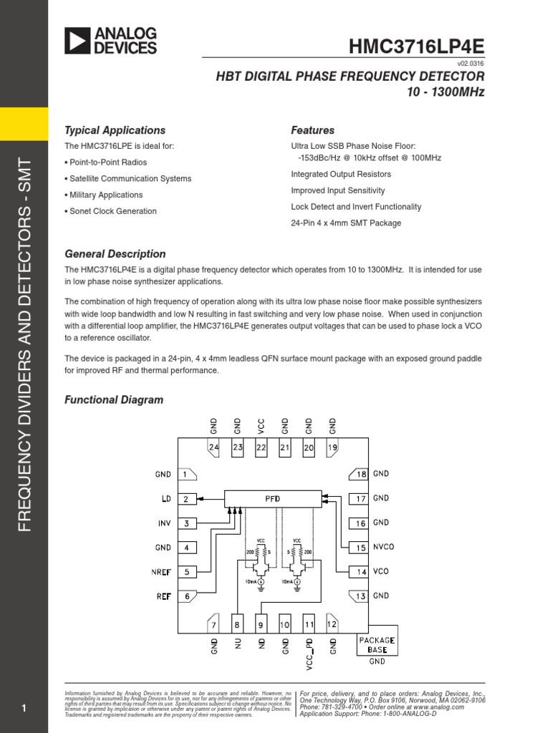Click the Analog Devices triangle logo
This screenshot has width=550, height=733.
77,41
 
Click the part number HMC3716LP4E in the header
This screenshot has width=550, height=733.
417,47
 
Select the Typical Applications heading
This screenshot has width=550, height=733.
115,130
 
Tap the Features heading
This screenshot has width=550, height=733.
312,130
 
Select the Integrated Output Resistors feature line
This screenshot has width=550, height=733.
341,174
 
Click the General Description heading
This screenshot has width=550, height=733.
115,254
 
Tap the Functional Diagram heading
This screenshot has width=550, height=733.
114,400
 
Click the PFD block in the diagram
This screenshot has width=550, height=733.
273,497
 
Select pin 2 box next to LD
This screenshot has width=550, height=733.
186,499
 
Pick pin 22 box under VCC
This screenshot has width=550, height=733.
261,447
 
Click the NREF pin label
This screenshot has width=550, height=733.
161,572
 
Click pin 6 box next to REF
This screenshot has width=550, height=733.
186,596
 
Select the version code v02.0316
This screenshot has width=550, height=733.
470,64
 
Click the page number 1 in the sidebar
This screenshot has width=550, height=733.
24,709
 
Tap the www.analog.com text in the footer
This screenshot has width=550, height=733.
443,707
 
